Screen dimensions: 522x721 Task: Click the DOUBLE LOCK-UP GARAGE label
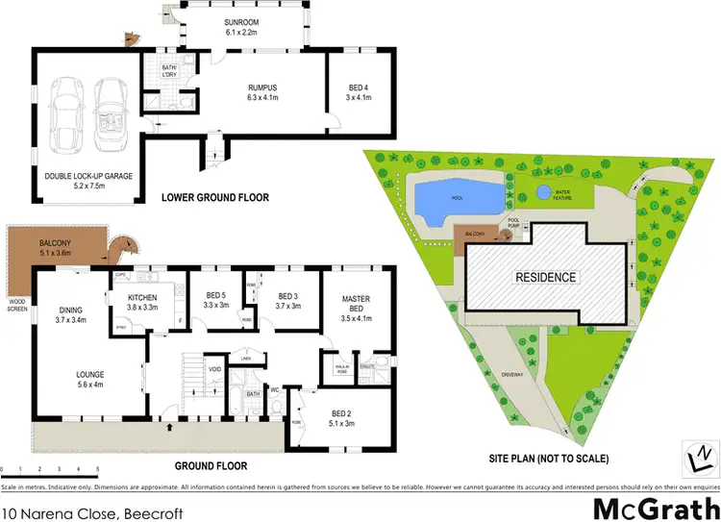(88, 176)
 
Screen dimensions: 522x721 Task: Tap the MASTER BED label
(356, 304)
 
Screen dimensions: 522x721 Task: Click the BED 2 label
(343, 414)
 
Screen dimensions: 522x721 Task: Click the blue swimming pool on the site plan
(458, 199)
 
